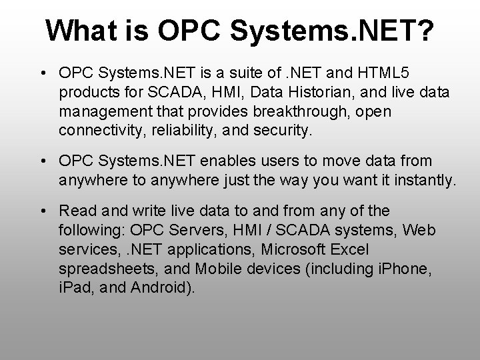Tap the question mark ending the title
424,29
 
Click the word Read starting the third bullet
75,211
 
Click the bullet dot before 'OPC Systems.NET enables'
43,161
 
